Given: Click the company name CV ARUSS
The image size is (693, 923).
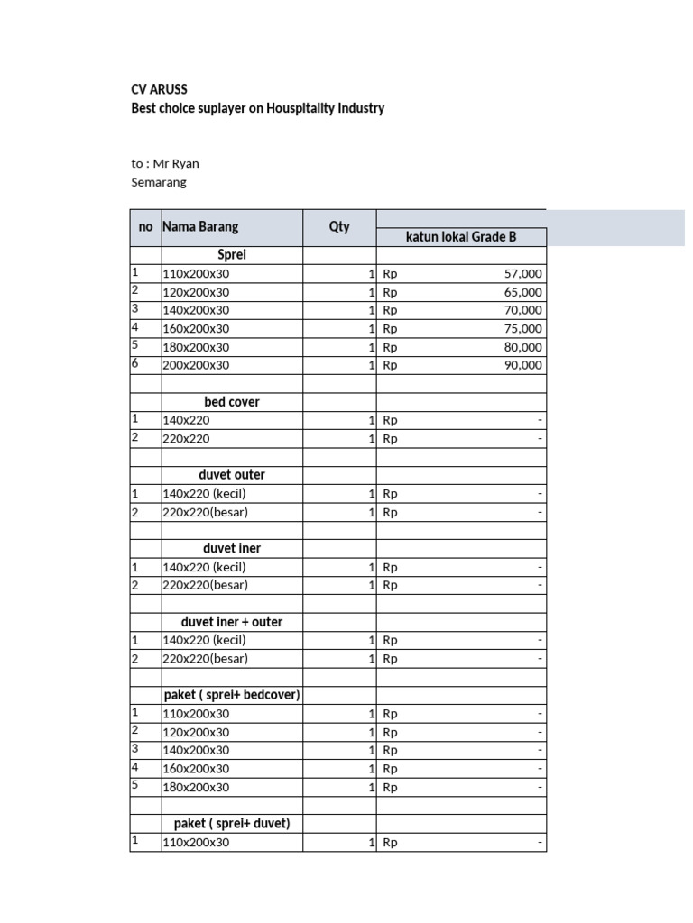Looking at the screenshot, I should point(160,89).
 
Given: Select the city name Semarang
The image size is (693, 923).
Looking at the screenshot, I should point(159,182).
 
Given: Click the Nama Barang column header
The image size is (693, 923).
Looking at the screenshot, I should point(200,227).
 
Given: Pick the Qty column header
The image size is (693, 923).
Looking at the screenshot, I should point(339,227).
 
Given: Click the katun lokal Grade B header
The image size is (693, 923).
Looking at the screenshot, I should point(460,237).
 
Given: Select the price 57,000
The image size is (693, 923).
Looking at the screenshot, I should point(523,273).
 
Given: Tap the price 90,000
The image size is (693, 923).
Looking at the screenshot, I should point(523,365).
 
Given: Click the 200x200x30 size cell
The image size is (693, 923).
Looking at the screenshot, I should point(196,365).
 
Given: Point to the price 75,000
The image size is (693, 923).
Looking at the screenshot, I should point(523,329).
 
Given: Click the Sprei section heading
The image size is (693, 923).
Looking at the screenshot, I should point(232,255).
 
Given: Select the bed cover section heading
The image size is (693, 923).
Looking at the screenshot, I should point(232,402).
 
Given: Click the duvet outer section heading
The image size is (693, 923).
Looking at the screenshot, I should point(232,475).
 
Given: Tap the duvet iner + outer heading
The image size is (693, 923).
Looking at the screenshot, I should point(232,622).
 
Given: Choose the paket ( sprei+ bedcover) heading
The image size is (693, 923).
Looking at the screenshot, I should point(232,695).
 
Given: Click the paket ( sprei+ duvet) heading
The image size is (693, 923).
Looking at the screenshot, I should point(232,824).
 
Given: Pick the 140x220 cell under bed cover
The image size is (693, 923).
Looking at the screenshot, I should point(184,420).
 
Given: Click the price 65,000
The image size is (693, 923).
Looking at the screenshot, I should point(523,292).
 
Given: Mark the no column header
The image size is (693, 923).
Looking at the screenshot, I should point(145,227).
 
